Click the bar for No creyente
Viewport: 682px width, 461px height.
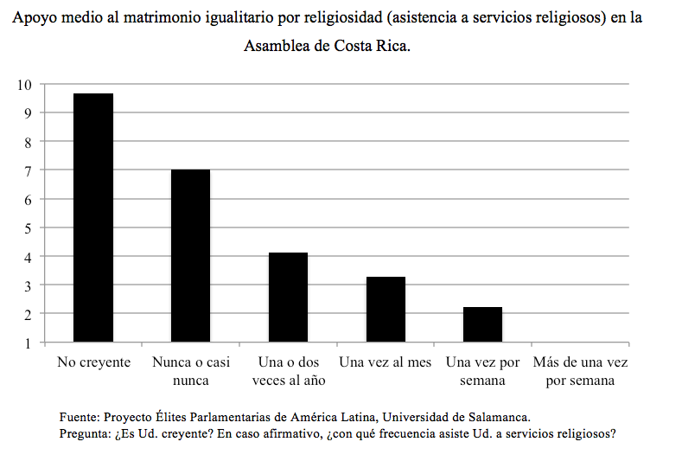[x=93, y=218]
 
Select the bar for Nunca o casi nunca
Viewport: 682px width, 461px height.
[x=190, y=256]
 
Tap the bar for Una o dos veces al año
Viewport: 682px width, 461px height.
[x=288, y=297]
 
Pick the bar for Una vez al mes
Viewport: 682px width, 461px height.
[x=386, y=309]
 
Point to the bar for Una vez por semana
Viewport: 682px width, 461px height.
[x=482, y=324]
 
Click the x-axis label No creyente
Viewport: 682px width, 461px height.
[x=93, y=362]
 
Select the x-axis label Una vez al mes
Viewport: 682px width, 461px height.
[x=386, y=362]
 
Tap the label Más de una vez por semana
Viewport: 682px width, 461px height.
[x=580, y=371]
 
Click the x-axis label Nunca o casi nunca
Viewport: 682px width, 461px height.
[x=190, y=371]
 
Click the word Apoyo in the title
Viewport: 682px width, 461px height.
[x=34, y=17]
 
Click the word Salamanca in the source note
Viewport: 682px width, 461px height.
[x=486, y=415]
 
